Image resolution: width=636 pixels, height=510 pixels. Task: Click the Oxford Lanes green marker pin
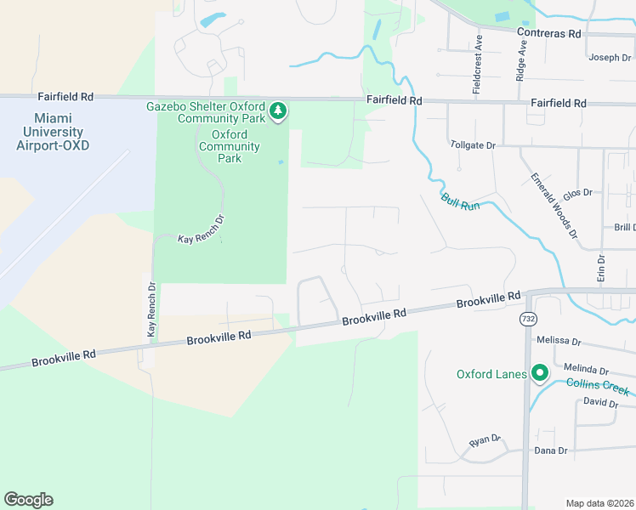539,373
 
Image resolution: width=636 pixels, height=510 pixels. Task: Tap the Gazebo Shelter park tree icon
278,111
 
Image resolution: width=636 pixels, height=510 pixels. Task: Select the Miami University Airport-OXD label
53,132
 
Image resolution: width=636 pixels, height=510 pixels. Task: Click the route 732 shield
528,317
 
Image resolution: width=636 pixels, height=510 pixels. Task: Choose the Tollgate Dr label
472,145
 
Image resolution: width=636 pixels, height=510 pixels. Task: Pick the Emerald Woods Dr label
554,205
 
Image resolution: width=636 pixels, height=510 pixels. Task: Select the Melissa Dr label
559,342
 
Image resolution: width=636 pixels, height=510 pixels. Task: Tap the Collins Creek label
601,388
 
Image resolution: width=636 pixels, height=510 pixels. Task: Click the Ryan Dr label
486,443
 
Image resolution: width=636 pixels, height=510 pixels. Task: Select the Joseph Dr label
609,58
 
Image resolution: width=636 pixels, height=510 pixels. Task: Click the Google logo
29,500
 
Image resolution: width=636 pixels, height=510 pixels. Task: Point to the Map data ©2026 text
599,503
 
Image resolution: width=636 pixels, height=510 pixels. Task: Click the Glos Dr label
577,194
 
